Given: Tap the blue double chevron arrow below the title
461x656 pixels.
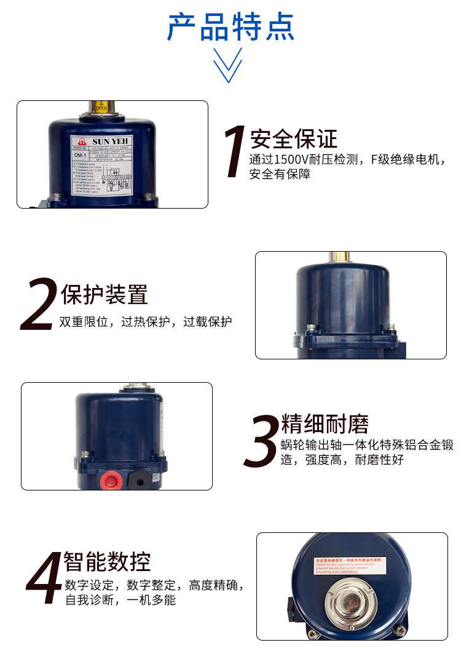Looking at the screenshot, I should pyautogui.click(x=227, y=65).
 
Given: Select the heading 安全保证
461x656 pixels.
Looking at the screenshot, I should pyautogui.click(x=294, y=139).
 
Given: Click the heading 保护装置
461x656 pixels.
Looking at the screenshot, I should pyautogui.click(x=104, y=294).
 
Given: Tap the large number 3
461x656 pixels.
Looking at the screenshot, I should pyautogui.click(x=262, y=439).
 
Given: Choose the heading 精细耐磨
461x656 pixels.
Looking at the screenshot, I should pyautogui.click(x=325, y=425).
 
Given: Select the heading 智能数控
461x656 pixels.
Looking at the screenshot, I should pyautogui.click(x=108, y=561).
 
